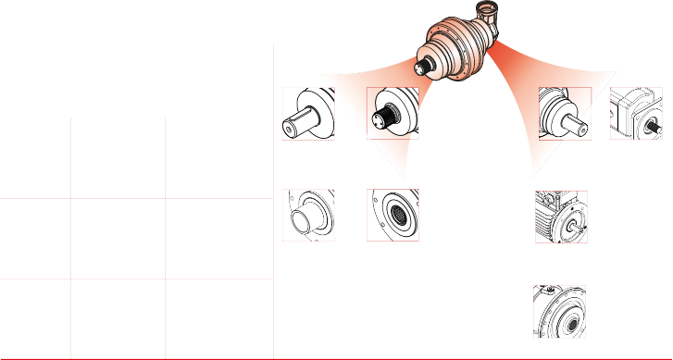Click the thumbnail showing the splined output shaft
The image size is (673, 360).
pos(393,114)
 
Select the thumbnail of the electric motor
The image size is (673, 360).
pos(561,216)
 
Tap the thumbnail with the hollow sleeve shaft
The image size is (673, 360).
pos(307,216)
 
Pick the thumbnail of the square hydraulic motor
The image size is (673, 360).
pos(635,114)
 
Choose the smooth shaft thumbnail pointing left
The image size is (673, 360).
pos(307,114)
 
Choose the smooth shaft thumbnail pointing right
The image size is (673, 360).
pos(565,114)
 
